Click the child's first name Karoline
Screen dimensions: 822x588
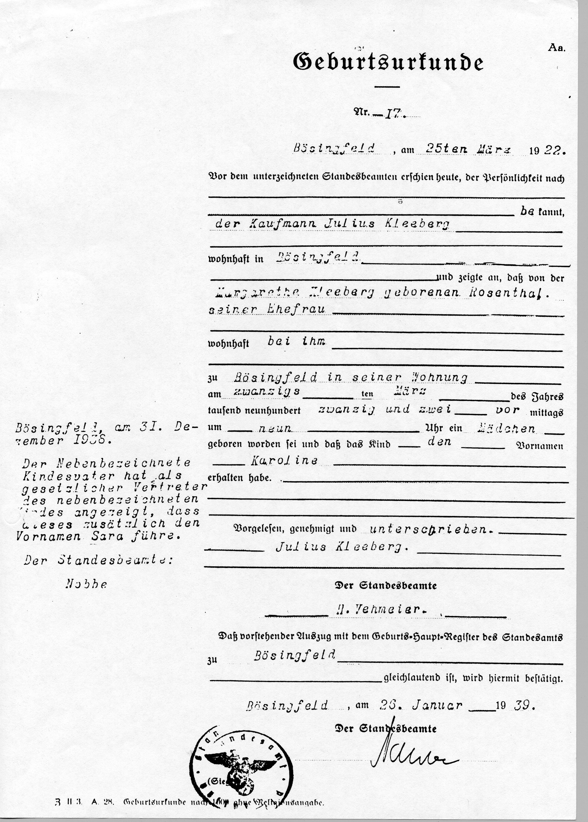coord(284,460)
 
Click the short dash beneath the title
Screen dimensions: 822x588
coord(387,87)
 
